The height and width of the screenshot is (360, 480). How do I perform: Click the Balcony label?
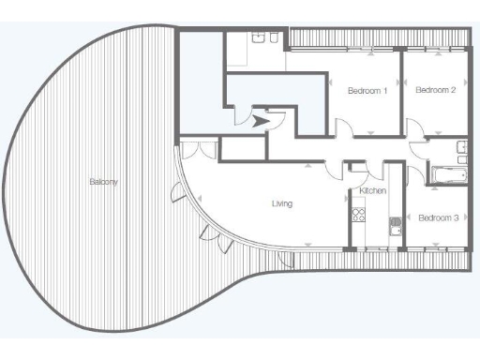tap(103, 181)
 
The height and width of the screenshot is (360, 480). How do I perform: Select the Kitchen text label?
tap(372, 191)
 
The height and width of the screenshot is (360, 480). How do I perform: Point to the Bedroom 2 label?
tap(435, 90)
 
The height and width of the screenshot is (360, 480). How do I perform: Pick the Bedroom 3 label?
tap(438, 218)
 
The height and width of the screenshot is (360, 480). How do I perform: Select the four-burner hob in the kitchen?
tap(357, 217)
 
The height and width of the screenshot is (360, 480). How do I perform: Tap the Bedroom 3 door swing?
tap(417, 171)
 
